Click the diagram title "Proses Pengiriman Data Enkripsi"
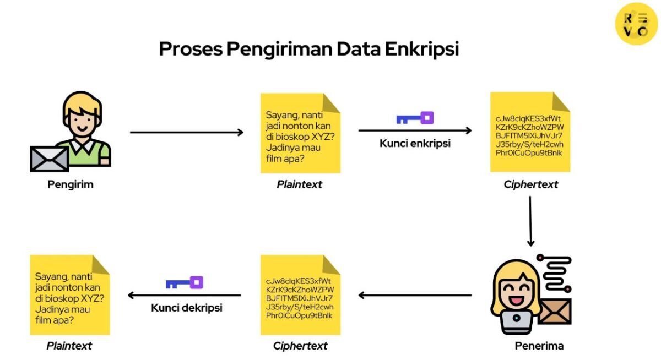(x=308, y=49)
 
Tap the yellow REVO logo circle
(x=636, y=23)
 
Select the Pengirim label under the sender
(x=70, y=184)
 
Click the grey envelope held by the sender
(x=50, y=159)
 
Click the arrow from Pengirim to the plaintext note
(x=186, y=132)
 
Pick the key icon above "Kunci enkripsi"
(x=415, y=118)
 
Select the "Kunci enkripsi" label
(x=415, y=144)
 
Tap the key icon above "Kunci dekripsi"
(x=185, y=283)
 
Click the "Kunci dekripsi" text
(x=186, y=308)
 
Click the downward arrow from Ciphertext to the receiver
(x=530, y=220)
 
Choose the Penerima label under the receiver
(x=539, y=346)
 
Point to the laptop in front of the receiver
(x=517, y=321)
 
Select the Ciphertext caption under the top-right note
(x=530, y=184)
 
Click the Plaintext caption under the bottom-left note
(x=69, y=346)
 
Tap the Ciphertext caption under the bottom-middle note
(x=300, y=346)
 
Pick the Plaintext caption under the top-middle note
(x=299, y=184)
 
